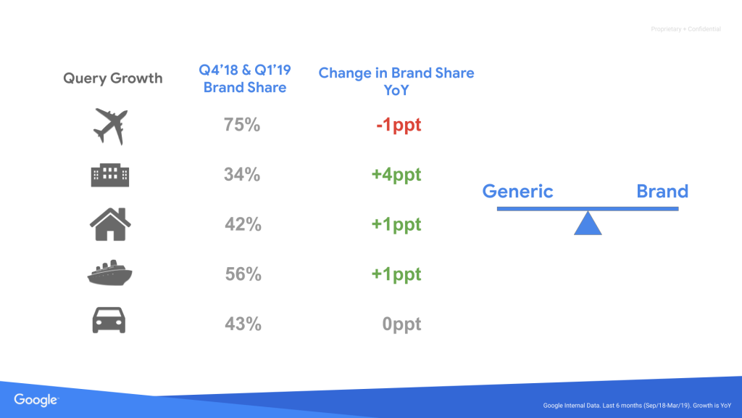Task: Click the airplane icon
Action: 110,126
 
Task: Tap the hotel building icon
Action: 110,175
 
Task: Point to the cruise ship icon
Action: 110,274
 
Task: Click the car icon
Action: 110,321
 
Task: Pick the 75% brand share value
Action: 242,125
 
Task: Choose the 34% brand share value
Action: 242,175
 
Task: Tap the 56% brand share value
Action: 242,274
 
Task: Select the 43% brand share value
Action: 242,324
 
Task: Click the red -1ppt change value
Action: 398,126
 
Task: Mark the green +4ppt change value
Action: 396,175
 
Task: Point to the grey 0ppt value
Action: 401,324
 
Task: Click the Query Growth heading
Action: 113,78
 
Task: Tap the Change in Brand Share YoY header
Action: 396,81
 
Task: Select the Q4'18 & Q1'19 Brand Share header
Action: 244,80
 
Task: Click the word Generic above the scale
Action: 517,192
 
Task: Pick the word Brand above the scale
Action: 662,192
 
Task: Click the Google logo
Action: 36,399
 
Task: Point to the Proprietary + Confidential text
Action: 685,29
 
